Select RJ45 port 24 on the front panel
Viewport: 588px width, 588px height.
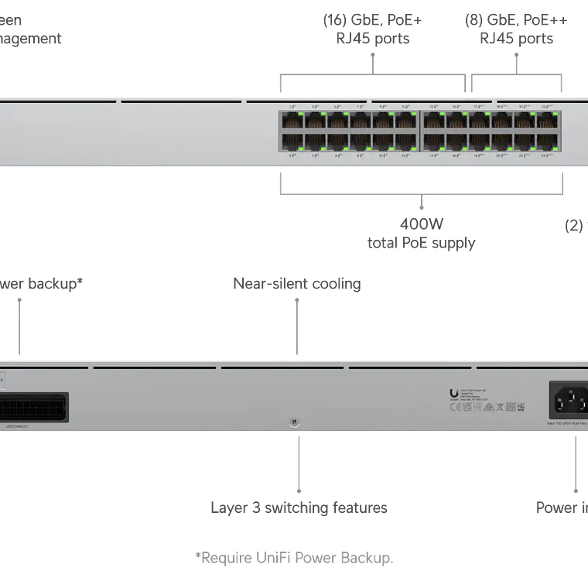[x=548, y=142]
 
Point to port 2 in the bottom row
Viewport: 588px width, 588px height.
[x=292, y=142]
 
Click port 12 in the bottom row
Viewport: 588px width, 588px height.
[x=405, y=142]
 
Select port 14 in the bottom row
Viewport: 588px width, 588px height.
[x=434, y=142]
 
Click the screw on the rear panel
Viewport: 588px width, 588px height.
[x=294, y=422]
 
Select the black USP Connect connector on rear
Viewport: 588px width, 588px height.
[x=34, y=407]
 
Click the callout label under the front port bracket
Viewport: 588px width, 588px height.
[x=421, y=234]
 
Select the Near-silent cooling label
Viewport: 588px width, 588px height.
[x=297, y=283]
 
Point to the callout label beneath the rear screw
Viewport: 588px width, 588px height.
[x=299, y=508]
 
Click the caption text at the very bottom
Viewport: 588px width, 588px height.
[x=294, y=557]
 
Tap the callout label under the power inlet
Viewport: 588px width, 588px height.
[x=560, y=508]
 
